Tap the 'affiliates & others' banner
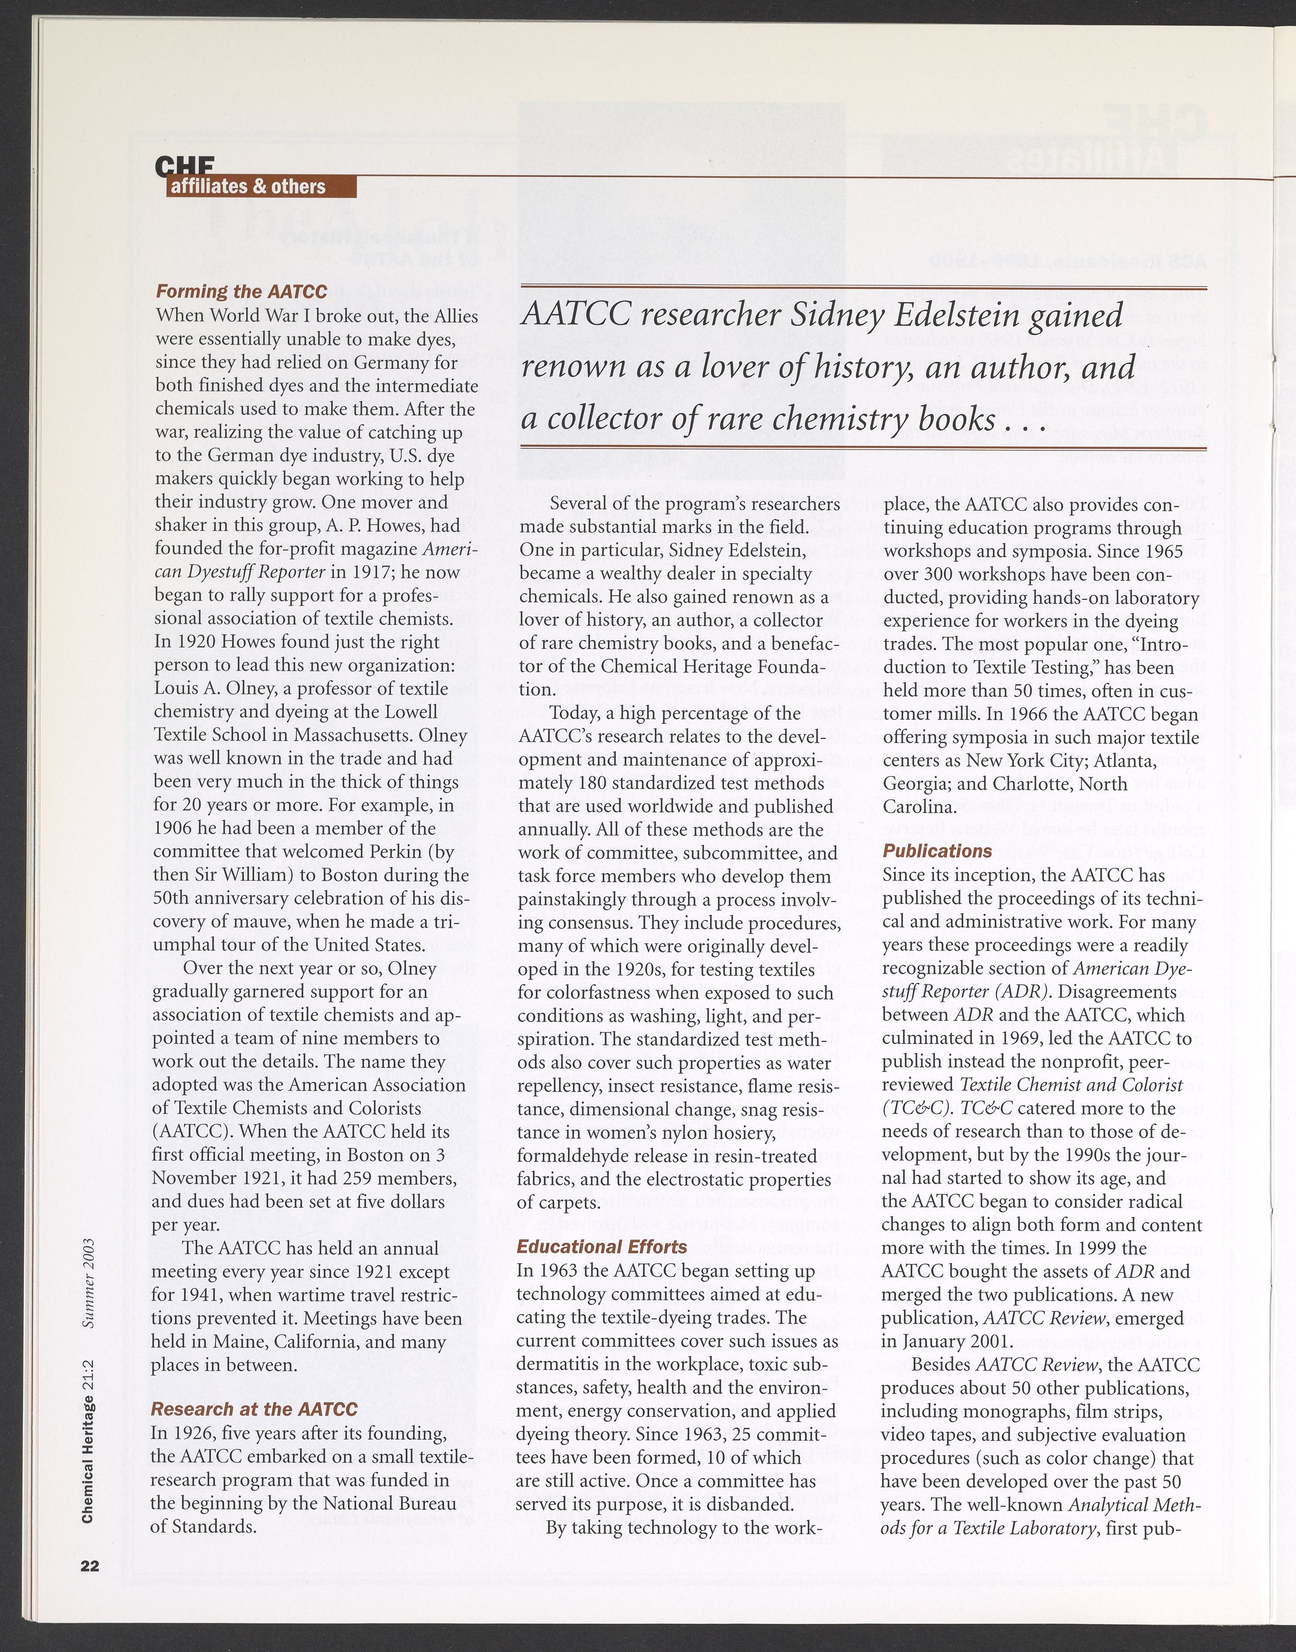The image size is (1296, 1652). tap(248, 187)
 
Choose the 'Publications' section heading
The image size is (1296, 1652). tap(937, 851)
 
